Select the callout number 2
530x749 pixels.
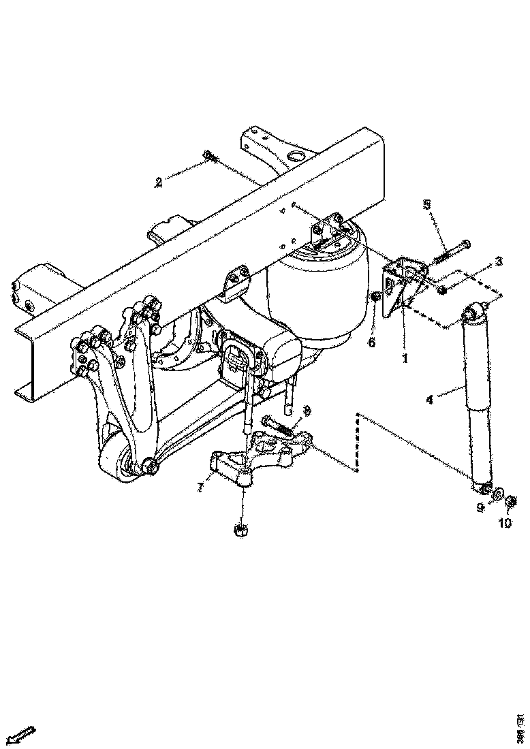(x=159, y=182)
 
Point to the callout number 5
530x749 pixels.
(x=426, y=204)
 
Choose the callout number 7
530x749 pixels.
(x=200, y=488)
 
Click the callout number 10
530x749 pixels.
(x=504, y=523)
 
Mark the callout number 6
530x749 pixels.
(x=372, y=342)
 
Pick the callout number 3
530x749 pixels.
(x=499, y=261)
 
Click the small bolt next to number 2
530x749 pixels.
(x=209, y=157)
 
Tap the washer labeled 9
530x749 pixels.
(x=498, y=492)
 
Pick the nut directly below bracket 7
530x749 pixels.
(x=240, y=530)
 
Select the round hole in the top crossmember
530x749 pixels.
(x=297, y=158)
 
